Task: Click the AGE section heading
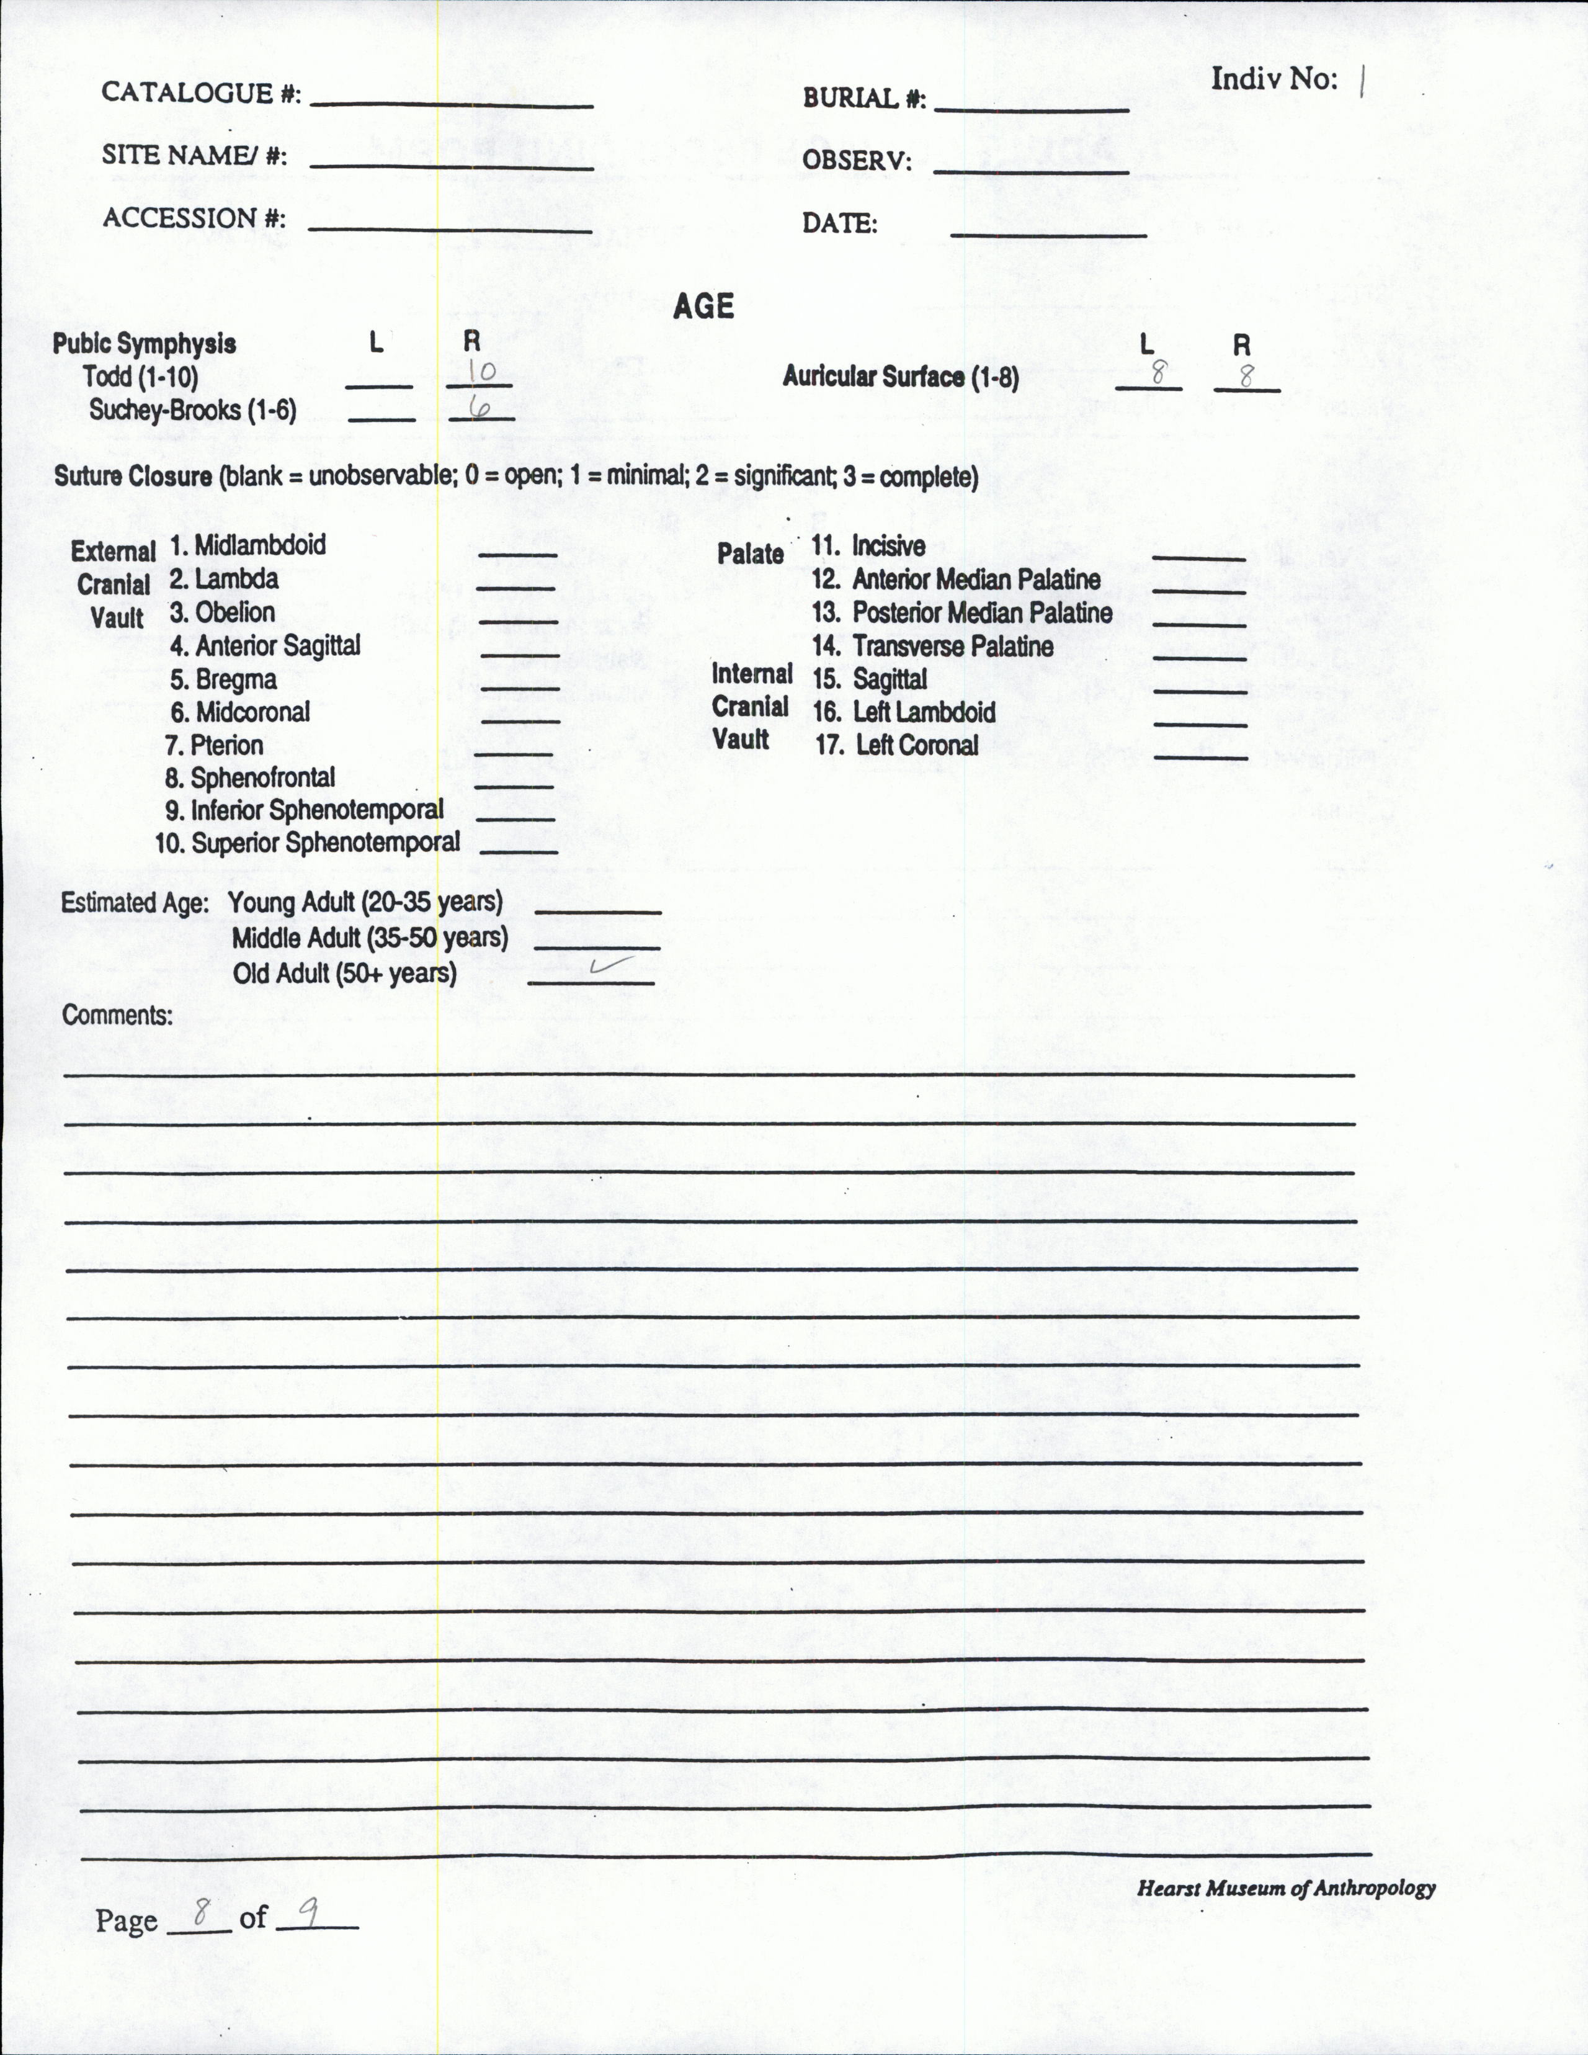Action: (703, 307)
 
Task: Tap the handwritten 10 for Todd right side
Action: (481, 373)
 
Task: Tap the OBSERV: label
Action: (856, 161)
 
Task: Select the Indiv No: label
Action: (1274, 79)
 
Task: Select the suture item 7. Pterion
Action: (213, 745)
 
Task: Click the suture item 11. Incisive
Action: (868, 546)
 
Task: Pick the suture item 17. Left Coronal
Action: (896, 745)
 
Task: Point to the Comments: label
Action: (118, 1015)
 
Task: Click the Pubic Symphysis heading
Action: (144, 344)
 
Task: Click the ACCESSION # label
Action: (194, 218)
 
